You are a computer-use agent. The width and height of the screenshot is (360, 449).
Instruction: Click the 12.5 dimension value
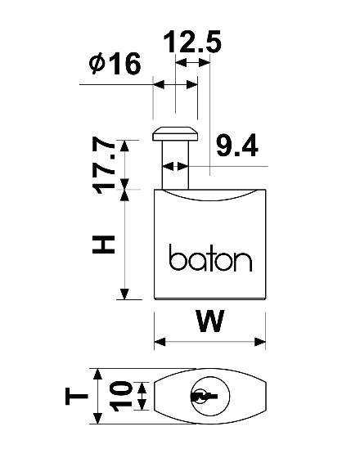(x=192, y=42)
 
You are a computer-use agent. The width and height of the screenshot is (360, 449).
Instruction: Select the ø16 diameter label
(x=115, y=64)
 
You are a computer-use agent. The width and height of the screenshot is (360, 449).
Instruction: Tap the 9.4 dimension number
(x=236, y=146)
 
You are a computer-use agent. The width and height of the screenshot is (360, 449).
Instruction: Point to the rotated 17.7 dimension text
(x=104, y=165)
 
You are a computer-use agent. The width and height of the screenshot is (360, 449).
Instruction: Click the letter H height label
(x=104, y=245)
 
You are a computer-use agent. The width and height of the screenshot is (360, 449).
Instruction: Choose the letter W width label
(x=210, y=321)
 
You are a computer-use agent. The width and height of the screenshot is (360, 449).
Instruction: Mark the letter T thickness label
(x=76, y=397)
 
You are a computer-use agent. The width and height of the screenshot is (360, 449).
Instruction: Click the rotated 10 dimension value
(x=120, y=397)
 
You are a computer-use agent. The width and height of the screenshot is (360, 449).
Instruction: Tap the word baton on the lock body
(x=210, y=258)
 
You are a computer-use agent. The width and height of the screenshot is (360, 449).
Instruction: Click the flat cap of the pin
(x=175, y=134)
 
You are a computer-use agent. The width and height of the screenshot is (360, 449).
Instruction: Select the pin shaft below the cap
(x=175, y=165)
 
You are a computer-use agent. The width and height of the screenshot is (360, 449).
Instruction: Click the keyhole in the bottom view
(x=204, y=397)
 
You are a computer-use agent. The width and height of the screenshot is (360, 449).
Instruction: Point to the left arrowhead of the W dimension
(x=160, y=342)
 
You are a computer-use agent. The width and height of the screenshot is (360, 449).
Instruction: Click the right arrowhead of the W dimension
(x=260, y=342)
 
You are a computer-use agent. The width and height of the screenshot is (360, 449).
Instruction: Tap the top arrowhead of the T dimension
(x=98, y=375)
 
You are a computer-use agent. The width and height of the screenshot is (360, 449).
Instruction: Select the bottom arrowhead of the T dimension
(x=98, y=419)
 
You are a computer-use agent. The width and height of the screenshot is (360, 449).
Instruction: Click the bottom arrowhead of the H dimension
(x=124, y=294)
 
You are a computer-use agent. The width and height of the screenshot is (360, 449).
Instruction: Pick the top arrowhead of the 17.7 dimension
(x=124, y=146)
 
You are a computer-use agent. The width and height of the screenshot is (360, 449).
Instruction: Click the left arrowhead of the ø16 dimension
(x=159, y=85)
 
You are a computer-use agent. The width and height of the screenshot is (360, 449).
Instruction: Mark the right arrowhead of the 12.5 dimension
(x=205, y=62)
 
